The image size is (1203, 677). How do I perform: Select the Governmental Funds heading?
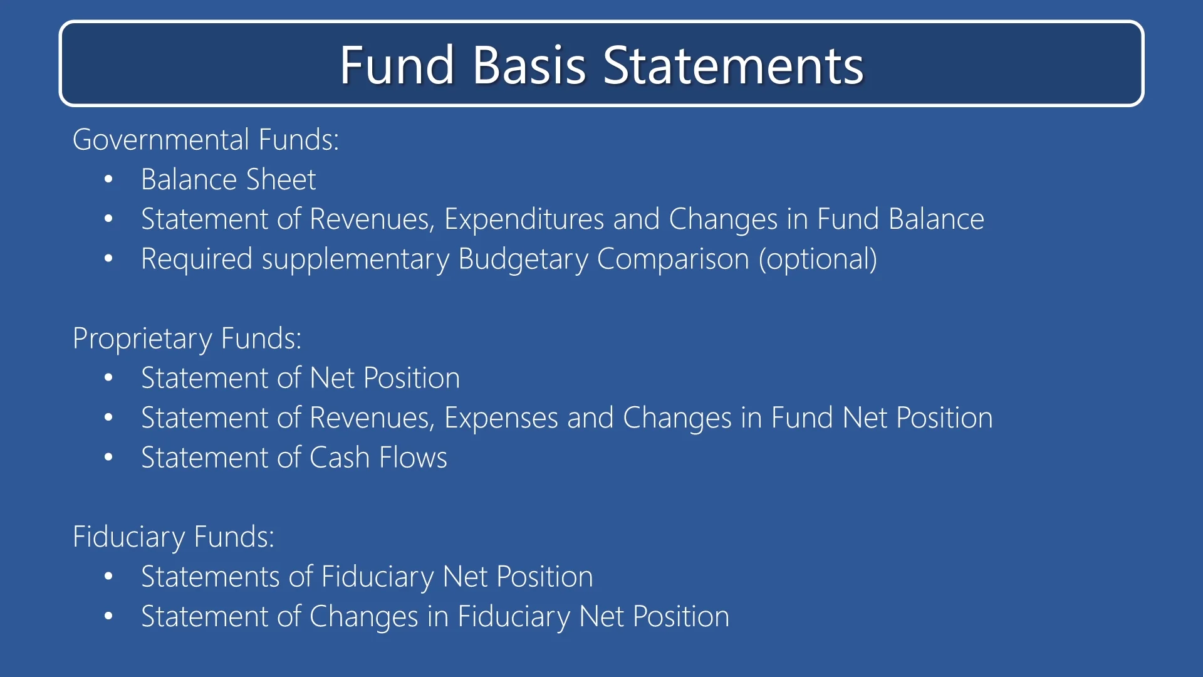206,139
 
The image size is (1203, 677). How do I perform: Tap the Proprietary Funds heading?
187,338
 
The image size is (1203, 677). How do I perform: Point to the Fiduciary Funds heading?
174,537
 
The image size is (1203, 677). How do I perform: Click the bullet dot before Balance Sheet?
108,180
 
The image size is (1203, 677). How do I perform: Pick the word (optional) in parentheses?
818,259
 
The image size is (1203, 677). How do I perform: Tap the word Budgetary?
523,259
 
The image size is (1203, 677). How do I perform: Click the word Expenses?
501,418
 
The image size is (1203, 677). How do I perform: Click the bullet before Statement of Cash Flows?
108,458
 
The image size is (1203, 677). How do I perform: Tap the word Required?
197,259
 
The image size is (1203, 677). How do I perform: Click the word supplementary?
355,259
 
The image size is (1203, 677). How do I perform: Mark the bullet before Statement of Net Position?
108,378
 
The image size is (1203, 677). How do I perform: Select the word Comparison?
673,259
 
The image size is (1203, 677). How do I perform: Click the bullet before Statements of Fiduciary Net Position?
108,577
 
